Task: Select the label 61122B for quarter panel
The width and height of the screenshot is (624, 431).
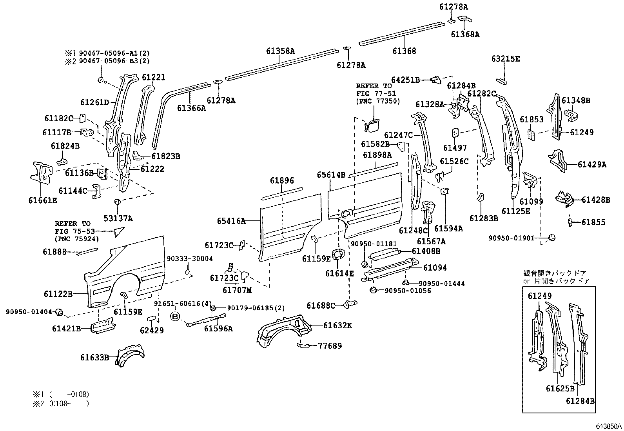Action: (x=58, y=294)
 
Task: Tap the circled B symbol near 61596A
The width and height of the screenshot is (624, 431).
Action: (x=175, y=316)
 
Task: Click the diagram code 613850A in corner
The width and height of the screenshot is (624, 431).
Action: (x=609, y=426)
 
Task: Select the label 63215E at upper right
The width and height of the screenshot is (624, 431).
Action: (x=505, y=59)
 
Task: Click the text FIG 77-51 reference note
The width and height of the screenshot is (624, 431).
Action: (x=376, y=93)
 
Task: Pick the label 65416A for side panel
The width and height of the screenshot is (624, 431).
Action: (x=231, y=221)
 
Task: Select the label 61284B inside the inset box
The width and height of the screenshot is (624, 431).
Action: (x=580, y=401)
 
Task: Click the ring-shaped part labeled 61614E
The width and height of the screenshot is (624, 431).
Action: (x=337, y=255)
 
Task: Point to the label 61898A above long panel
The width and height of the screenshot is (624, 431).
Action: (x=377, y=155)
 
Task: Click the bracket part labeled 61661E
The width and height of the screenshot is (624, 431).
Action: (x=41, y=173)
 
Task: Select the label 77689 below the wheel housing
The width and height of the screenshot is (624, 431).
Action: (x=329, y=346)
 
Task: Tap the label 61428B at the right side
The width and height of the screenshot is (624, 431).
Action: (x=595, y=200)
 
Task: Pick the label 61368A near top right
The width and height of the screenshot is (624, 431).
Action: (x=465, y=35)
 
